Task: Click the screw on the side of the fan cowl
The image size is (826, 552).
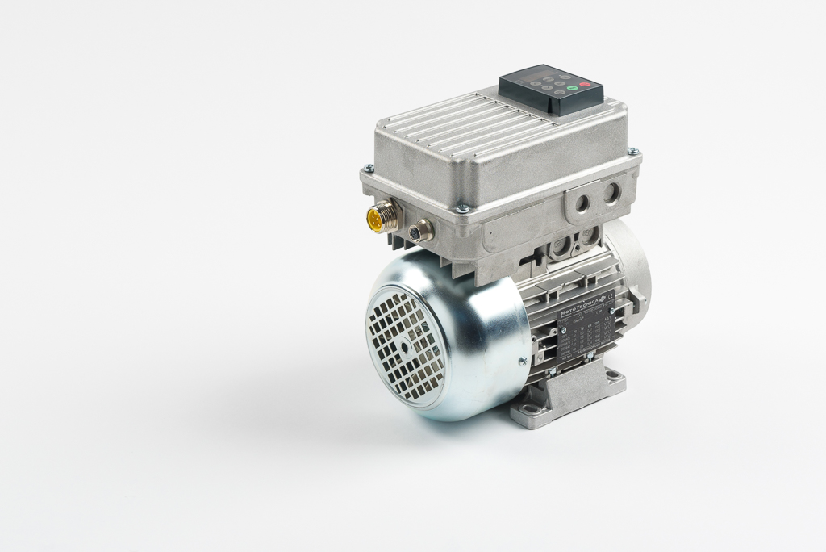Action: [x=522, y=361]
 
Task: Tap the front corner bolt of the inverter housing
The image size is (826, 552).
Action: [x=462, y=208]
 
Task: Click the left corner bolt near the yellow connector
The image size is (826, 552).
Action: [x=369, y=169]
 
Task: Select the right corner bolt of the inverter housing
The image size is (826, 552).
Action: [x=633, y=152]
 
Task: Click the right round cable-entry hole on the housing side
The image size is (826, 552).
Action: [x=611, y=191]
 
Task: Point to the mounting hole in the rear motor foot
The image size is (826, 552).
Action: [x=614, y=375]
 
